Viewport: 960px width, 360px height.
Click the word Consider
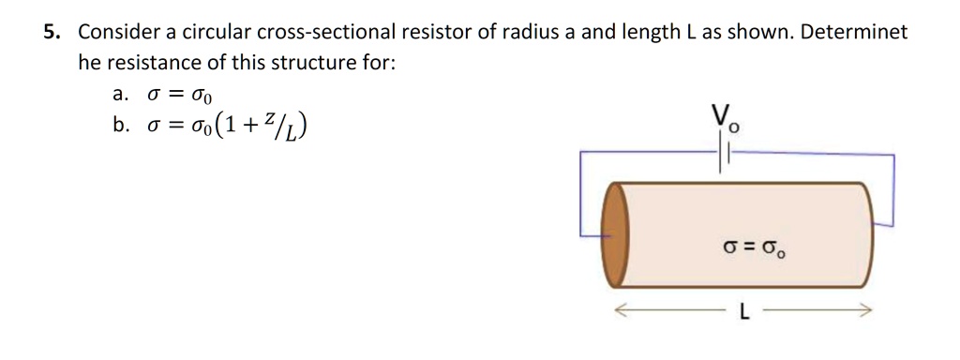pyautogui.click(x=118, y=33)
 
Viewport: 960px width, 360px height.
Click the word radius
pyautogui.click(x=530, y=33)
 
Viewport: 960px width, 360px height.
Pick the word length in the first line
pyautogui.click(x=645, y=33)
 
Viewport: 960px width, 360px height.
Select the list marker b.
pyautogui.click(x=119, y=127)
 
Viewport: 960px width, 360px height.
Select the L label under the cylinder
pyautogui.click(x=744, y=313)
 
